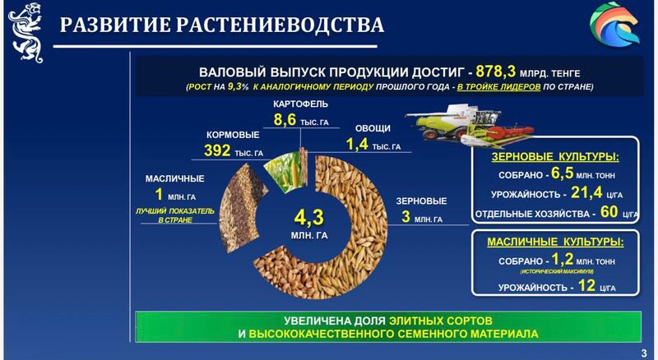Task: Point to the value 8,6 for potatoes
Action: click(285, 120)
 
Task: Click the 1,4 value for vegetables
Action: click(356, 145)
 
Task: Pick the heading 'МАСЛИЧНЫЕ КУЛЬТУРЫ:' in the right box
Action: click(555, 242)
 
